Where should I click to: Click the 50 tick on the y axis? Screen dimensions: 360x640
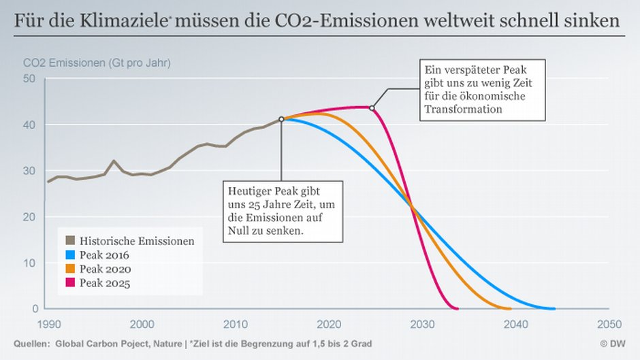[x=30, y=79]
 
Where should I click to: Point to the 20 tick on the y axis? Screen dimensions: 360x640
[x=30, y=217]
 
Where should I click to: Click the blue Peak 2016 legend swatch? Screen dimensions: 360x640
[x=69, y=255]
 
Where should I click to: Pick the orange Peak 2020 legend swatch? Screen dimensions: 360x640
[x=69, y=268]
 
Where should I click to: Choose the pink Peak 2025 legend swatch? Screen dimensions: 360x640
[x=69, y=282]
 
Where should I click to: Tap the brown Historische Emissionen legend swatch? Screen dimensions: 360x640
[x=69, y=241]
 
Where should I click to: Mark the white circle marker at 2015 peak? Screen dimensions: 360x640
[x=281, y=119]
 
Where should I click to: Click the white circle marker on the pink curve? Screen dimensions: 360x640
[x=372, y=108]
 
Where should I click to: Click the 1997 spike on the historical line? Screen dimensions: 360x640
[x=113, y=161]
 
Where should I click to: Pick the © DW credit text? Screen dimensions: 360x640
[x=613, y=344]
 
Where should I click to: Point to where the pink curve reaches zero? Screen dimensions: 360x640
[x=456, y=308]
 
